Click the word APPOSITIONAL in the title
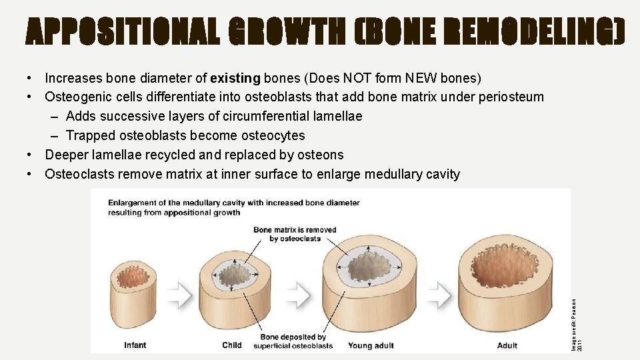point(123,32)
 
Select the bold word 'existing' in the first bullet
point(235,78)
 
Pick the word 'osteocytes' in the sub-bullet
point(273,136)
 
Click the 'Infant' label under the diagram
point(135,345)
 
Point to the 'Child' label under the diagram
point(232,345)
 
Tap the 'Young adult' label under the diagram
point(371,345)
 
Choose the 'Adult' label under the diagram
point(507,345)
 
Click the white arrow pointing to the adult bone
point(441,292)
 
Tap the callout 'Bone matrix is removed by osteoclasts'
point(295,234)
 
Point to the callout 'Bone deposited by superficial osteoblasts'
point(293,341)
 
